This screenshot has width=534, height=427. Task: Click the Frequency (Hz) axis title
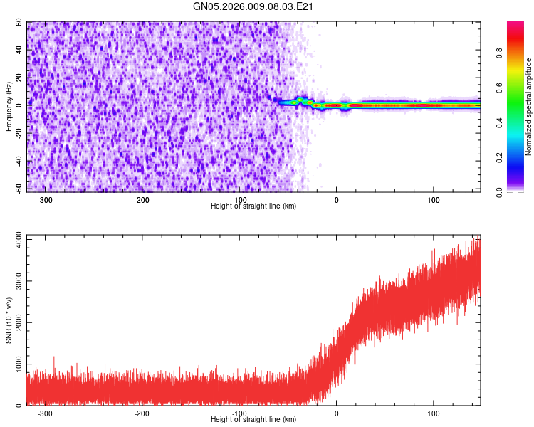[9, 106]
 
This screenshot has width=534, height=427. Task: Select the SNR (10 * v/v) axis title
[9, 320]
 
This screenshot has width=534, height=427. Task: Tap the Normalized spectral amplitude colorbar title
[528, 107]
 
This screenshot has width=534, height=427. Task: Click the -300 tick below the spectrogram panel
[45, 200]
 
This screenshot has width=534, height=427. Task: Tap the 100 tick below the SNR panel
[434, 413]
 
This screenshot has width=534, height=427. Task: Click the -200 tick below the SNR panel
[142, 413]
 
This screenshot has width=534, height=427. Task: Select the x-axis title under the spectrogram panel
[253, 206]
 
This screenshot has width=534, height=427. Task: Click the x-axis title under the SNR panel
[253, 420]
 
